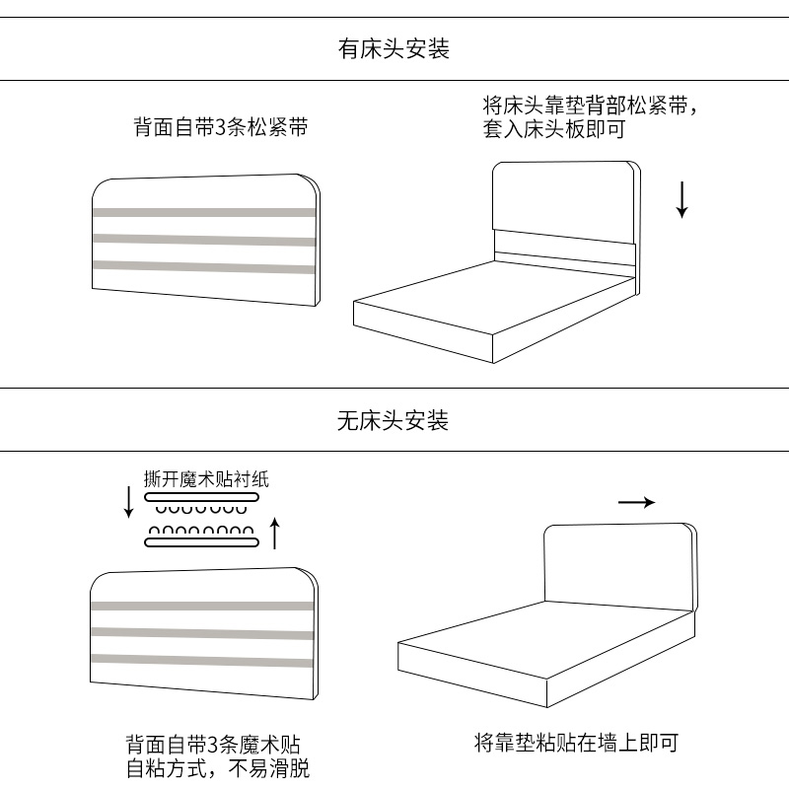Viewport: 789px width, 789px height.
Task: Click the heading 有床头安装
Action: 394,48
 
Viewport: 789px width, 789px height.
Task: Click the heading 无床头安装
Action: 394,421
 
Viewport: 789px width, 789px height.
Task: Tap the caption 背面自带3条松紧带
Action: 220,127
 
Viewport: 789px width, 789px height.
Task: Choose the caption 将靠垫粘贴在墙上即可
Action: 576,743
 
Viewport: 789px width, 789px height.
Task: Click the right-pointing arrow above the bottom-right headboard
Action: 636,502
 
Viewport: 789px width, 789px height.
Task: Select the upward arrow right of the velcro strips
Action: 275,534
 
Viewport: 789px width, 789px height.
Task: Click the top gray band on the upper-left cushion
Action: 205,211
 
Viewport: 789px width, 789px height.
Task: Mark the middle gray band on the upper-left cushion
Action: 205,239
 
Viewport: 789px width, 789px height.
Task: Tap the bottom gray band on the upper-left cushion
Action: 205,264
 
